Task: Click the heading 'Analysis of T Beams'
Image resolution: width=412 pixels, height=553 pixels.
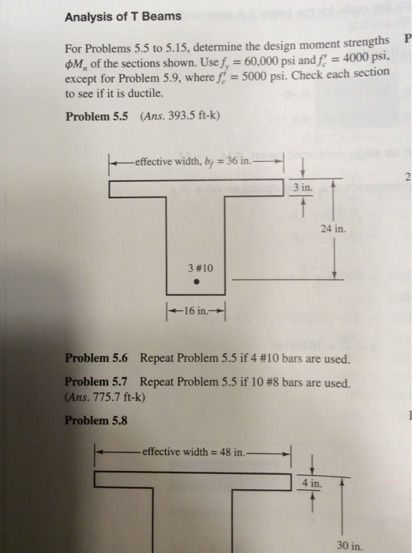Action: point(122,15)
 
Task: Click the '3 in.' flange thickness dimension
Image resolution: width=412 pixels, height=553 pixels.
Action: point(302,188)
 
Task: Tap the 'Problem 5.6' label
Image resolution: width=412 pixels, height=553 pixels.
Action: point(99,357)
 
